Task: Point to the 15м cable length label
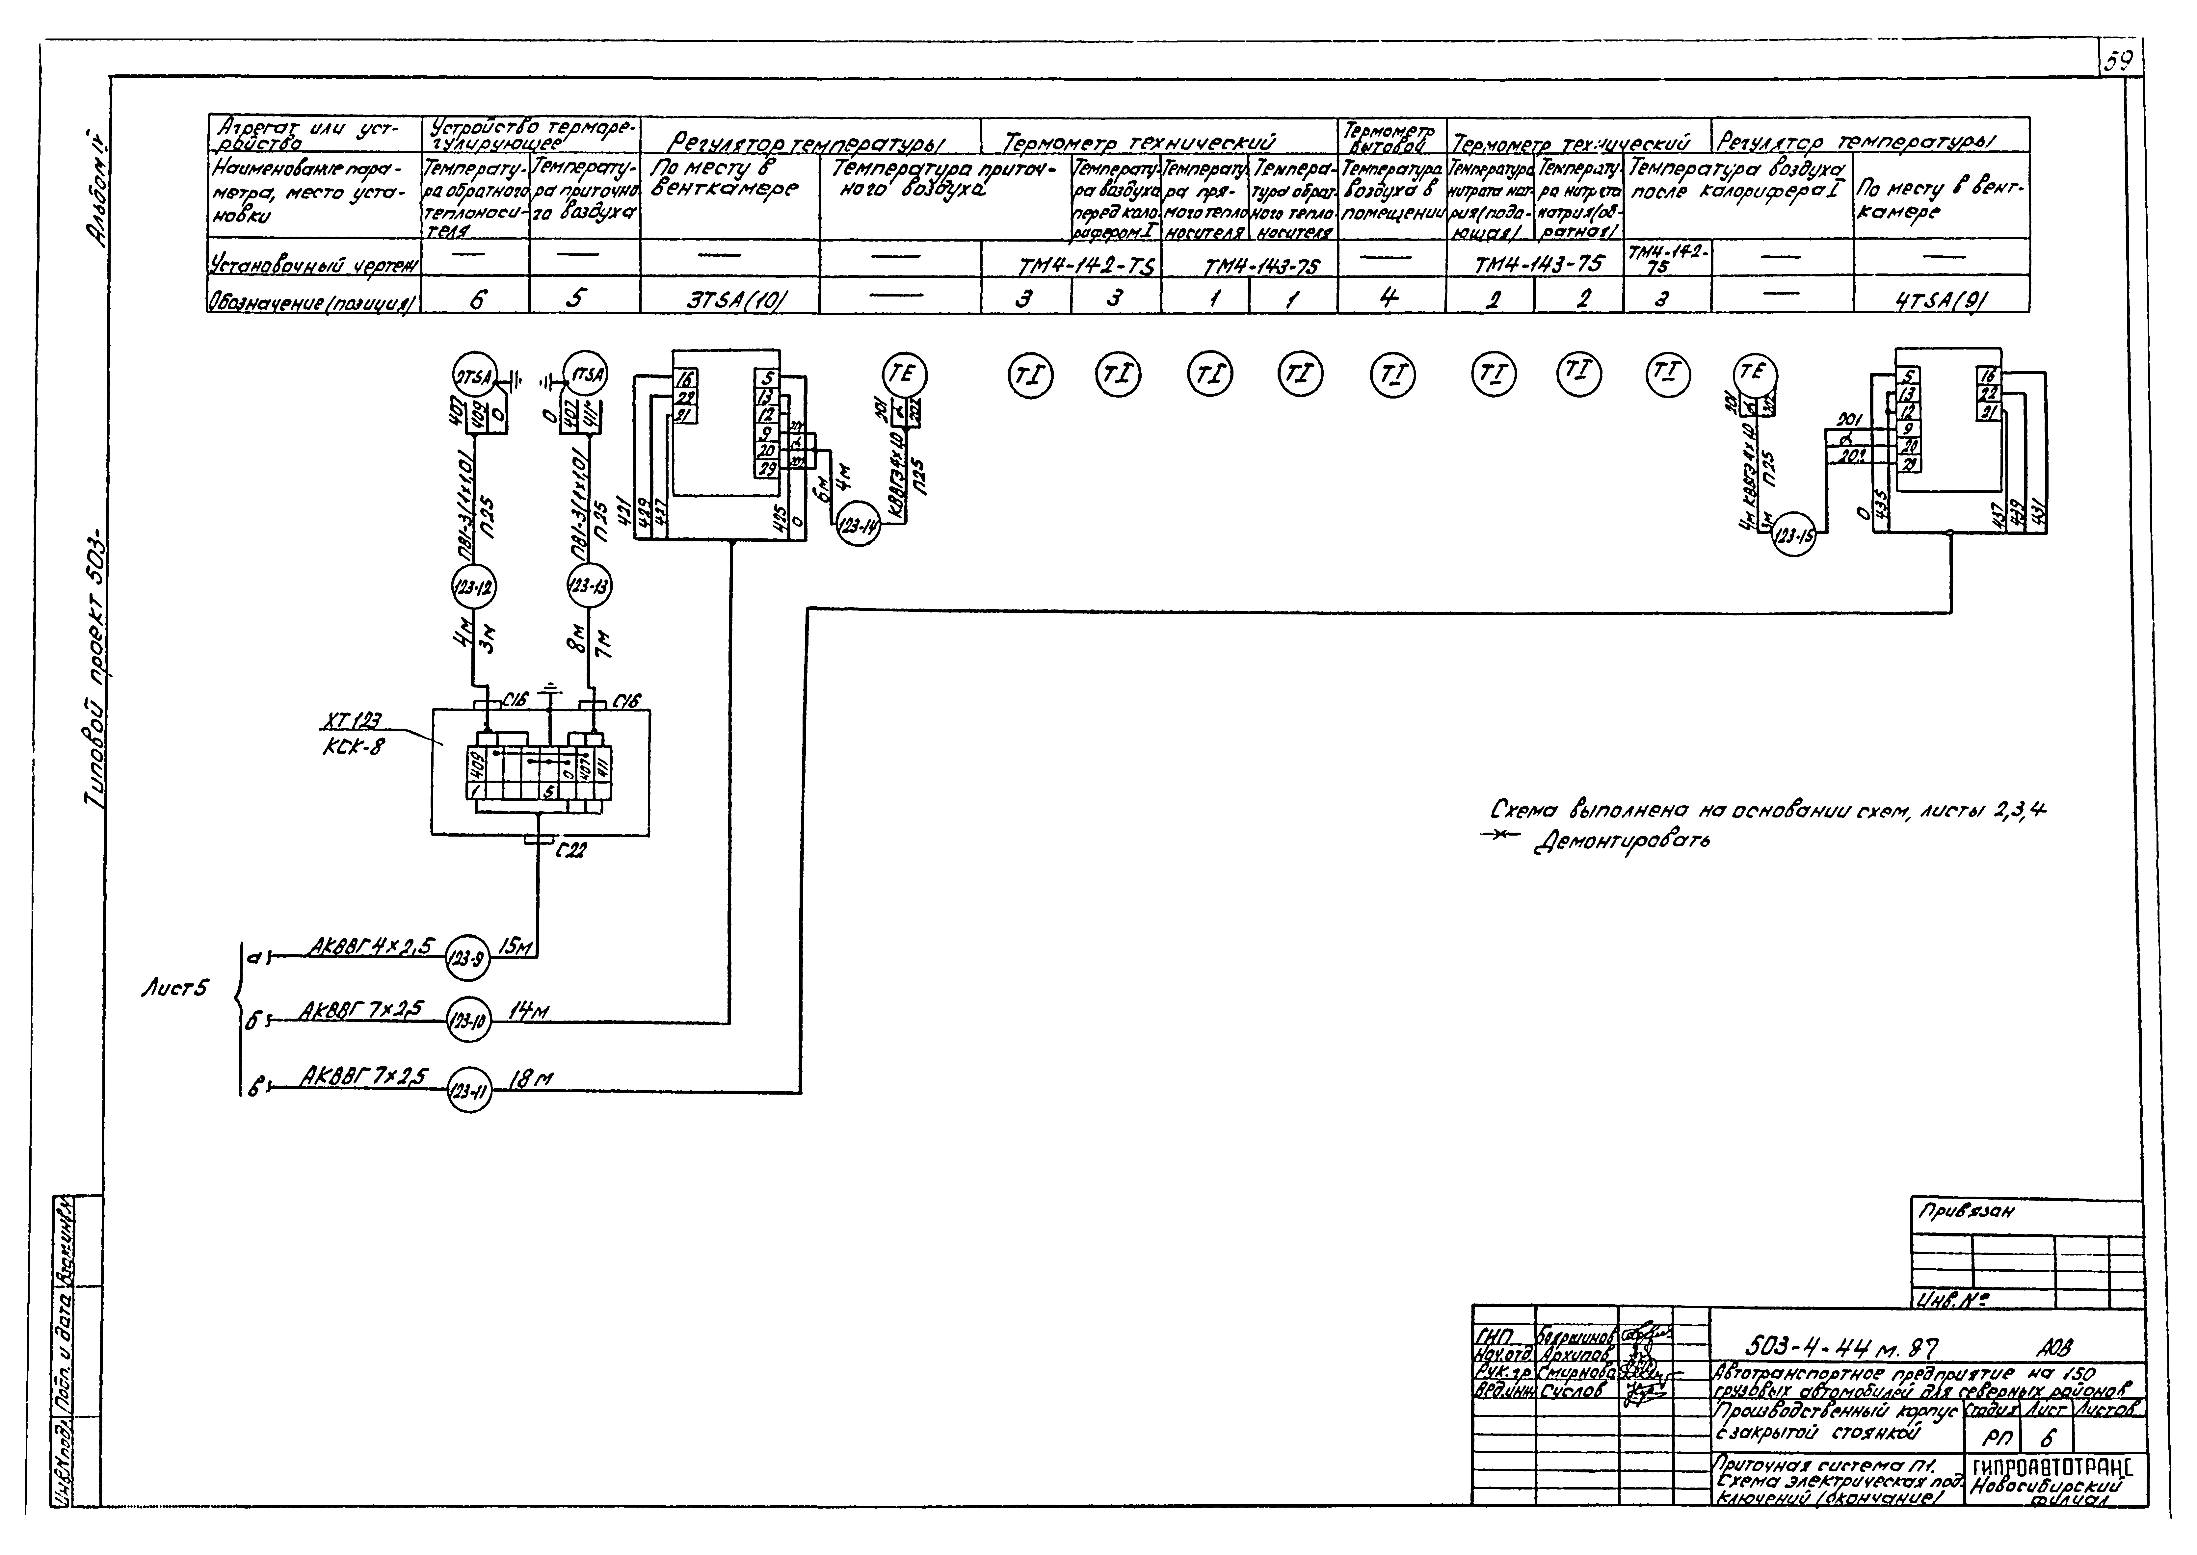tap(515, 946)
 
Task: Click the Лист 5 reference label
tap(172, 988)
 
